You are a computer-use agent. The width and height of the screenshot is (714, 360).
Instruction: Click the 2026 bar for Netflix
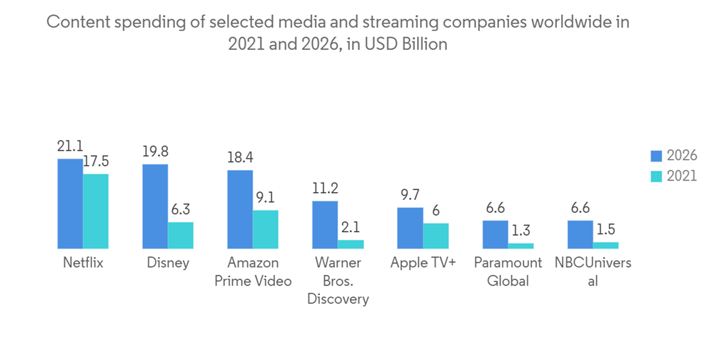(70, 204)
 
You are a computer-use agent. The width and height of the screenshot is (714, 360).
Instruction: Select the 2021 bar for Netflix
(96, 211)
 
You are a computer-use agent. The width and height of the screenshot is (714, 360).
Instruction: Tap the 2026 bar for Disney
(155, 206)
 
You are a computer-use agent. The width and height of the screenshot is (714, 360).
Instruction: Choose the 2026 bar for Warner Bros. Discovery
(325, 224)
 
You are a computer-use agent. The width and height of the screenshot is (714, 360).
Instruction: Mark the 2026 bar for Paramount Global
(495, 234)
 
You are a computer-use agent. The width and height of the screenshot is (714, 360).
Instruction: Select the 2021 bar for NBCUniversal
(605, 245)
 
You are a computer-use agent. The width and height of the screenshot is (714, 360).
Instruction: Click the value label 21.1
(70, 147)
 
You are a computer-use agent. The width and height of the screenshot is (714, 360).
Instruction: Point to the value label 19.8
(155, 152)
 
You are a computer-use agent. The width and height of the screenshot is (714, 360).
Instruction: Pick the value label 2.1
(351, 227)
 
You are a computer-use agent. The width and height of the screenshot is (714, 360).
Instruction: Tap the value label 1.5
(605, 230)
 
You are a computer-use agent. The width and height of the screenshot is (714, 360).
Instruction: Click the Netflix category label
(83, 263)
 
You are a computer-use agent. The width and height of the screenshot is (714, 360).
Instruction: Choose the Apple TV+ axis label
(423, 263)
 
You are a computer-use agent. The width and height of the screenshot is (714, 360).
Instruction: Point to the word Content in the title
(73, 21)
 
